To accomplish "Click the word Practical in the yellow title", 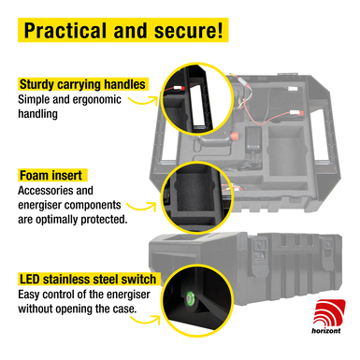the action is point(64,30).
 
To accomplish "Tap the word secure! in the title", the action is point(189,30).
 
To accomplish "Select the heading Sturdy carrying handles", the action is point(82,84).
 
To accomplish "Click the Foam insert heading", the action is point(50,176).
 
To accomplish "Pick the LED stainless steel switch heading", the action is point(88,280).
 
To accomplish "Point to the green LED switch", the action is point(189,296).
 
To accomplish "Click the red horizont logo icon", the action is point(329,312).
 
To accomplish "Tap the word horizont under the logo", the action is point(326,330).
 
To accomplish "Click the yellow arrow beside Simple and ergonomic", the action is point(144,100).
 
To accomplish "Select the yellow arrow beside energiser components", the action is point(142,207).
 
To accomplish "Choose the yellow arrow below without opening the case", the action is point(146,320).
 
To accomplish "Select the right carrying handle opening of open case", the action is point(320,135).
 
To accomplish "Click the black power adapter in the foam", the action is point(253,140).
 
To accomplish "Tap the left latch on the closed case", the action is point(260,256).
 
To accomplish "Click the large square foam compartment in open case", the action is point(286,151).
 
